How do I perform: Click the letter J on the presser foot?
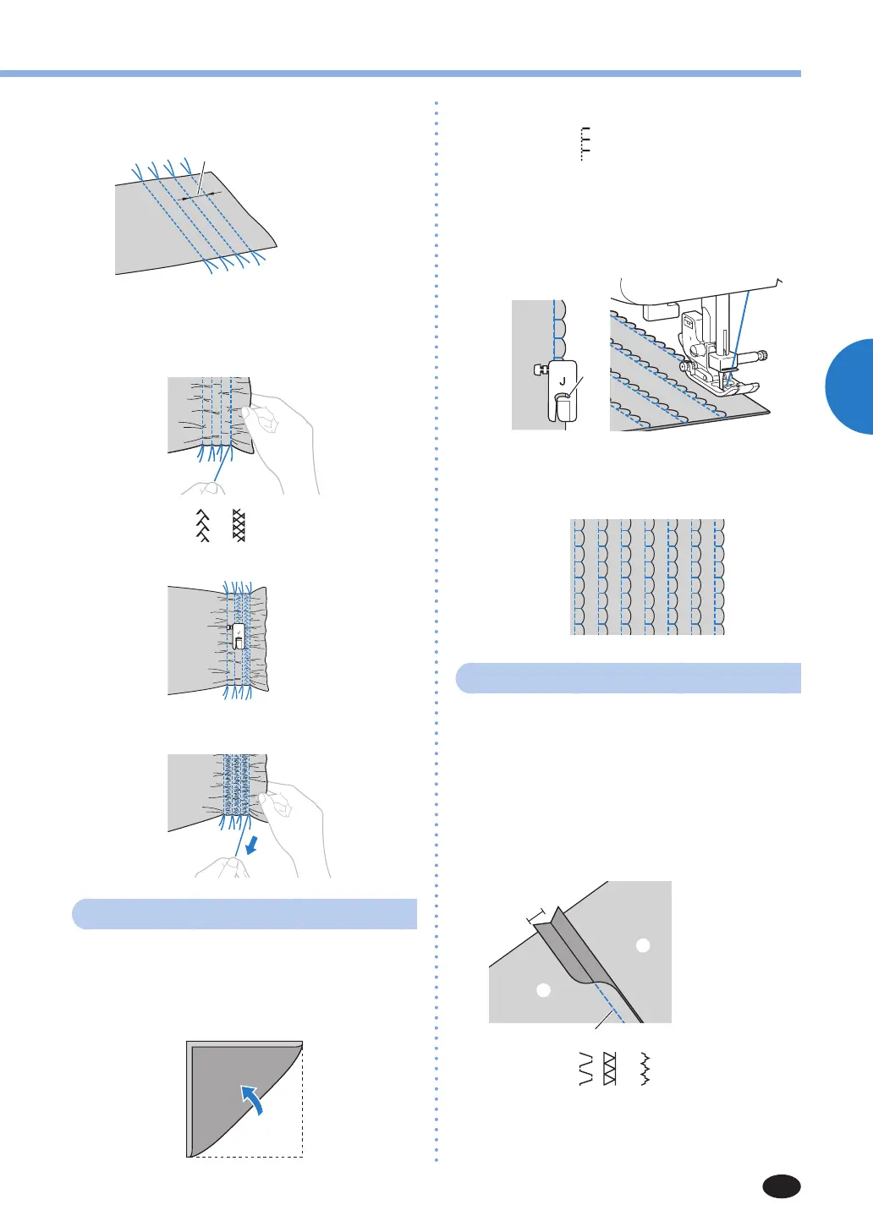[562, 382]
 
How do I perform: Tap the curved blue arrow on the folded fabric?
[253, 1098]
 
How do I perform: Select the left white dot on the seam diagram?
[544, 989]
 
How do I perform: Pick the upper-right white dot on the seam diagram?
[643, 945]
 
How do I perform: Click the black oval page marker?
[781, 1186]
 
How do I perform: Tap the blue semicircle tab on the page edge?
[849, 386]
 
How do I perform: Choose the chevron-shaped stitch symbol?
[202, 526]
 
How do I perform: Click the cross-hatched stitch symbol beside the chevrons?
[239, 526]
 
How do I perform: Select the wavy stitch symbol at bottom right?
[645, 1070]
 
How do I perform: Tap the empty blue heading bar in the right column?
[628, 678]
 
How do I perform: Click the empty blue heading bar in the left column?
[244, 914]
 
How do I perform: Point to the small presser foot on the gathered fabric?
[238, 636]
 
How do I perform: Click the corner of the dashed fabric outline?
[302, 1156]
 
